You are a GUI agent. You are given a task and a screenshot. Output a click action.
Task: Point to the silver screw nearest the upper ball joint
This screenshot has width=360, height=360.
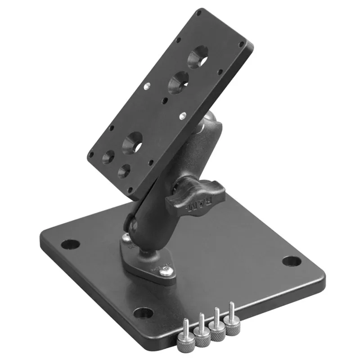click(x=182, y=116)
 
